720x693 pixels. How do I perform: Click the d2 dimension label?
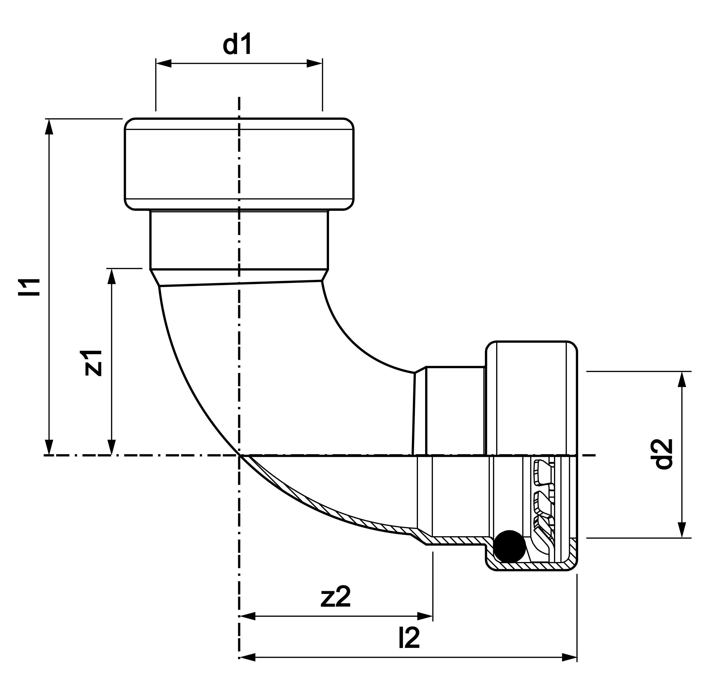pos(664,454)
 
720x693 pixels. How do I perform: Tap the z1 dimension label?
pos(93,362)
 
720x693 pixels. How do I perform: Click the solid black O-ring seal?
pos(510,546)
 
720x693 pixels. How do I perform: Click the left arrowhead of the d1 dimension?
pos(164,63)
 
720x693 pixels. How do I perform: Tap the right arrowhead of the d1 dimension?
pos(314,63)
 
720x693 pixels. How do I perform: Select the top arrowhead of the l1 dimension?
pos(49,127)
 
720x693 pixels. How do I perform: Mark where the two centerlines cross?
pos(239,455)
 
